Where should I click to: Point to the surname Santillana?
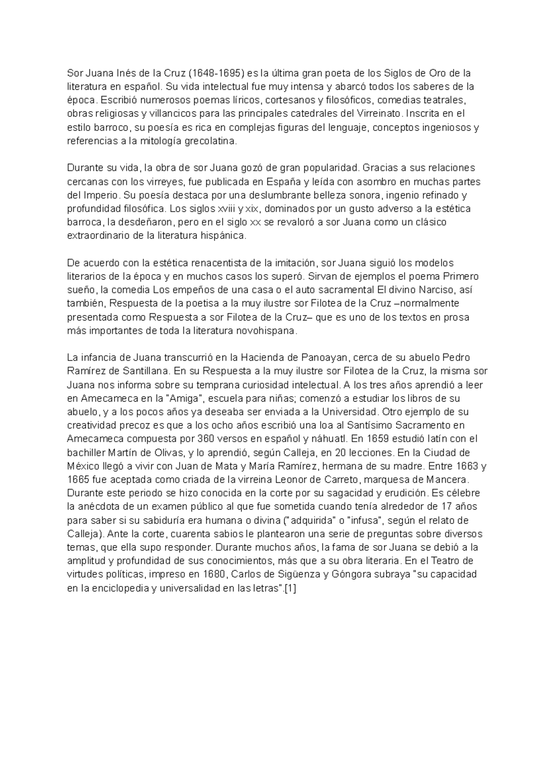pyautogui.click(x=147, y=371)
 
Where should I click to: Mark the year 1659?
pyautogui.click(x=383, y=438)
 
